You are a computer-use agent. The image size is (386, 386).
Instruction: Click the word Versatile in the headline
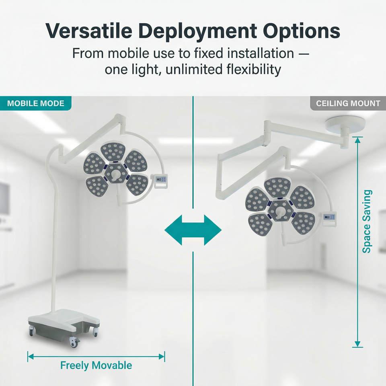coord(89,31)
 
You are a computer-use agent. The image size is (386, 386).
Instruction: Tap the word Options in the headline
coord(302,32)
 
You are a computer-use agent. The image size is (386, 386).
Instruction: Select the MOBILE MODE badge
coord(36,103)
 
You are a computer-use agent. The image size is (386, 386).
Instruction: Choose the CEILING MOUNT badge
coord(348,103)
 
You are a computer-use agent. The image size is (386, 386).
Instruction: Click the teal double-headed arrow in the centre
coord(193,230)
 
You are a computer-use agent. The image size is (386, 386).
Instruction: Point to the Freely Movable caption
coord(96,365)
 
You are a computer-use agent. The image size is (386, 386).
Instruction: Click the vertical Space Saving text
coord(367,222)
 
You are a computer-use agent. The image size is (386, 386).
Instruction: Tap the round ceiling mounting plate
coord(345,124)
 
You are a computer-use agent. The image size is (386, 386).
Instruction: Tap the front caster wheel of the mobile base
coord(74,342)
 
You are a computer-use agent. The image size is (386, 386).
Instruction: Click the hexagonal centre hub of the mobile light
coord(115,173)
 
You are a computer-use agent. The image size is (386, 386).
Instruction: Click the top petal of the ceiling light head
coord(277,188)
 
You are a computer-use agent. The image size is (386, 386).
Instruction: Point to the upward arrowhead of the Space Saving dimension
coord(358,140)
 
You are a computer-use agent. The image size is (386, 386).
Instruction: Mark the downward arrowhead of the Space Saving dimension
coord(358,344)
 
